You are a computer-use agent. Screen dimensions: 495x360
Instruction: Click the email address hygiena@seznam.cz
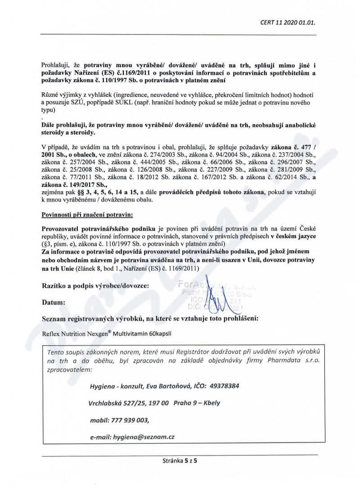(x=144, y=437)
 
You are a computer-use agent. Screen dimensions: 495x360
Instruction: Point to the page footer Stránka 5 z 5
(x=180, y=461)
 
